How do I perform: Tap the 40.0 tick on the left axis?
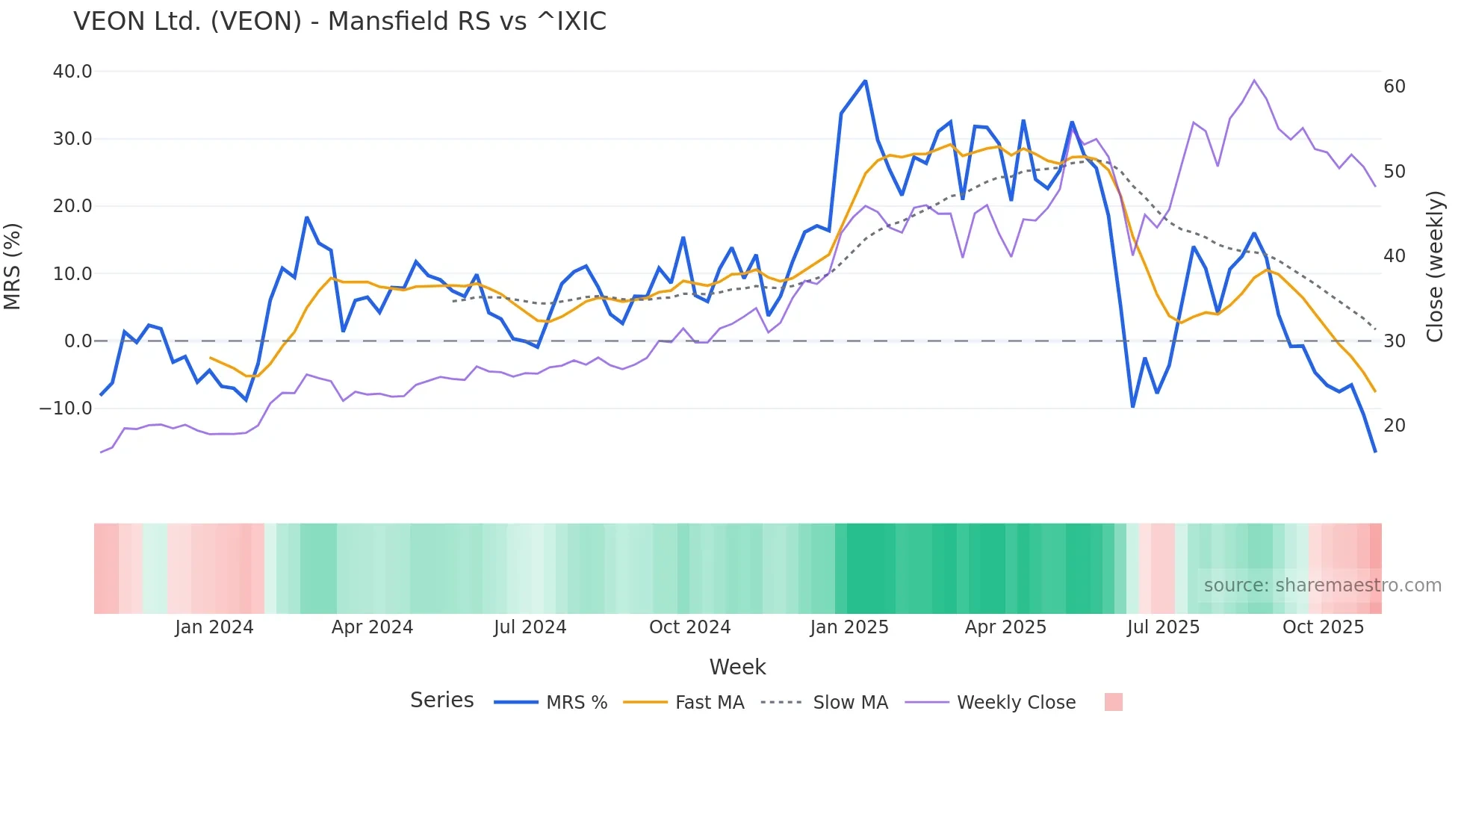click(x=72, y=72)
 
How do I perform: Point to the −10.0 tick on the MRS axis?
click(x=66, y=409)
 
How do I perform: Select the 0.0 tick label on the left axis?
click(x=78, y=341)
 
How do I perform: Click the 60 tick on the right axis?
click(x=1395, y=87)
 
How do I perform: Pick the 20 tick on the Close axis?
click(x=1395, y=426)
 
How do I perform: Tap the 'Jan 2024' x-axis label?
click(x=214, y=627)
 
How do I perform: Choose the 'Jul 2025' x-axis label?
click(x=1163, y=627)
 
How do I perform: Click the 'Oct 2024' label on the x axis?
click(x=689, y=627)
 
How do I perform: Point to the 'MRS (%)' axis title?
click(x=13, y=266)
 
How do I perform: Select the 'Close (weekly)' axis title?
click(x=1435, y=266)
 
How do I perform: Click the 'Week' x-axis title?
click(x=737, y=667)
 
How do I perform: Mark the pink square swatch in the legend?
click(x=1113, y=702)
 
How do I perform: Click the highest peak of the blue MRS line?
click(x=865, y=81)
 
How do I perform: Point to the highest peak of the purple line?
click(x=1254, y=80)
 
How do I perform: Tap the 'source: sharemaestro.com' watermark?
click(x=1322, y=586)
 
